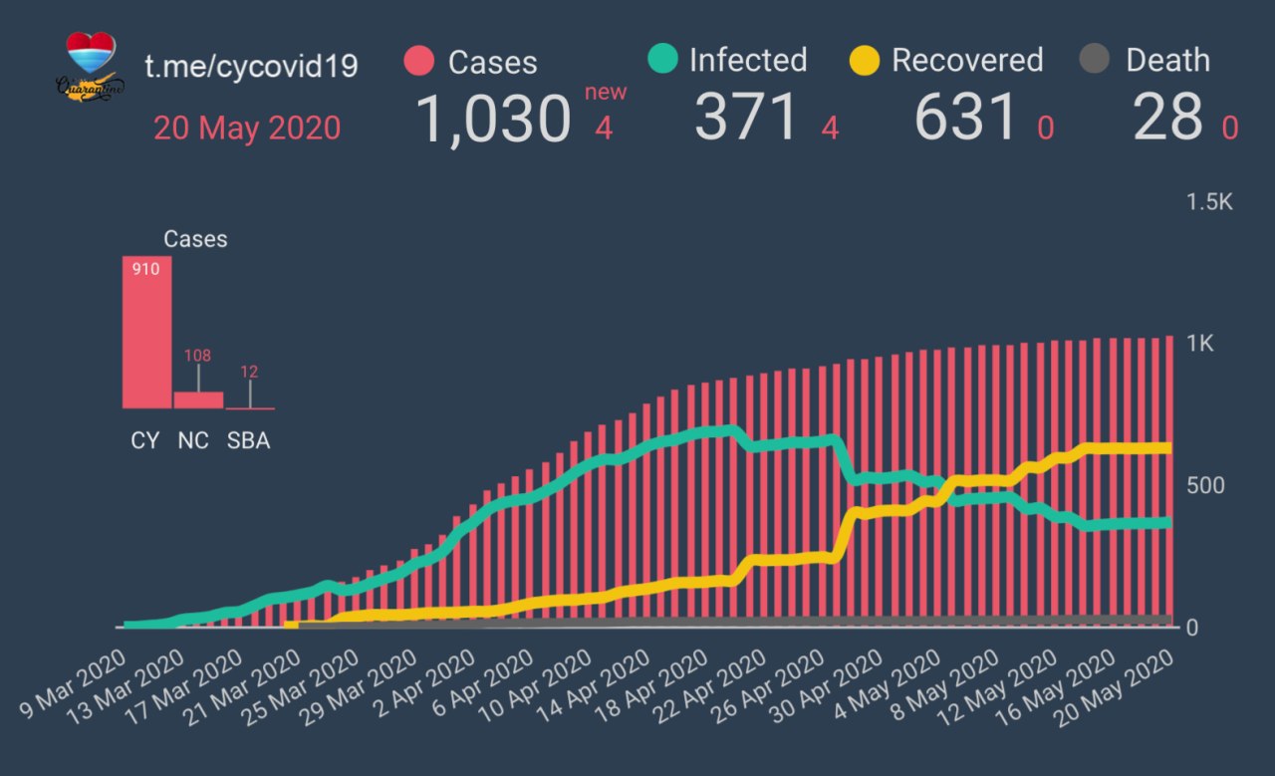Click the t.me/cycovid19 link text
[x=252, y=66]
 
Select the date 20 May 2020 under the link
[x=247, y=128]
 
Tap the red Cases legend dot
[x=420, y=61]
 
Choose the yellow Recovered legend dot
[x=864, y=60]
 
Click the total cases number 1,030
[x=492, y=119]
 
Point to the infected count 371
[x=747, y=118]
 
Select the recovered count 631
[x=966, y=118]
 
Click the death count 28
[x=1167, y=118]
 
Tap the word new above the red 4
[x=606, y=93]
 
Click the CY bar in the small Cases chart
[x=146, y=333]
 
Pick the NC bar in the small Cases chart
[x=198, y=399]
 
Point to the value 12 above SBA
[x=249, y=372]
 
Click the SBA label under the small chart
[x=248, y=440]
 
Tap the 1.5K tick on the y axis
[x=1209, y=202]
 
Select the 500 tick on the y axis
[x=1205, y=485]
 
